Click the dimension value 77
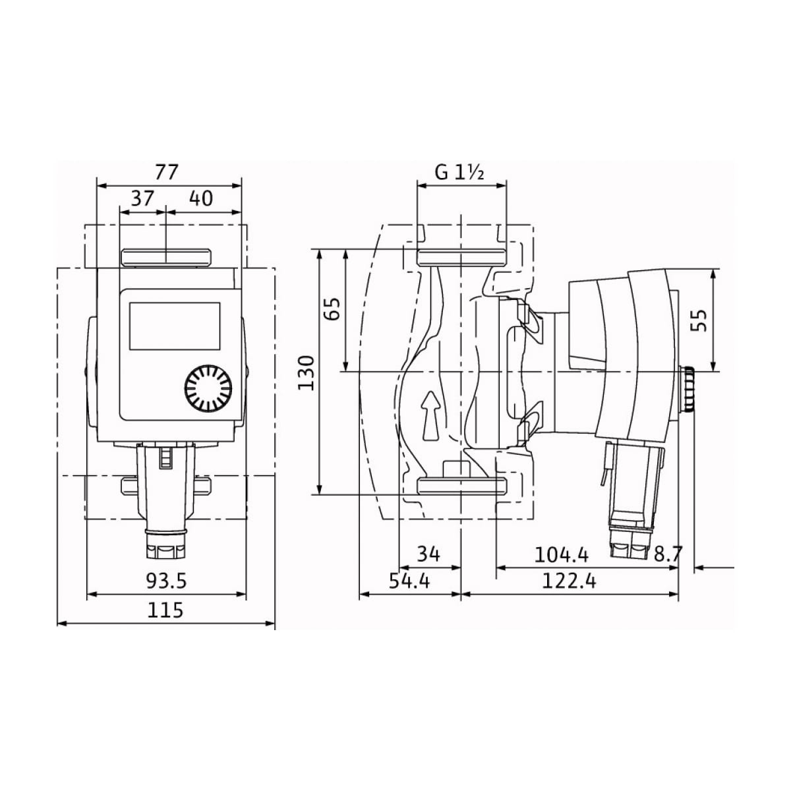pos(167,172)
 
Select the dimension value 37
pos(142,198)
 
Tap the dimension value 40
pos(201,198)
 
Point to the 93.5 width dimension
pos(166,581)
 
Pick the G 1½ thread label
pos(459,173)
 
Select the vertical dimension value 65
pos(332,308)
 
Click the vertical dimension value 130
pos(307,373)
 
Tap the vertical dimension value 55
pos(699,320)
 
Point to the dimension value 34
pos(428,554)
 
